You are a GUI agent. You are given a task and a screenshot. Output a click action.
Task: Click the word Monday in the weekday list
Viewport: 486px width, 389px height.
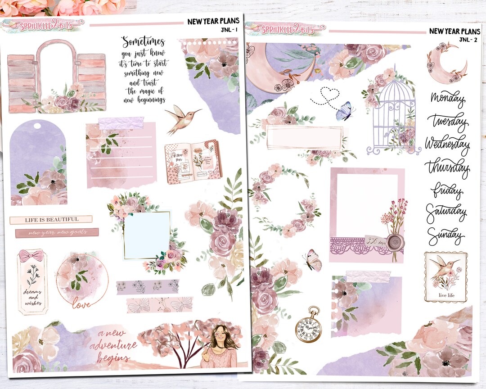(447, 99)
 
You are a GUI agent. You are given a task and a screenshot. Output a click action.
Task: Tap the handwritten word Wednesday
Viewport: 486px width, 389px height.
(447, 144)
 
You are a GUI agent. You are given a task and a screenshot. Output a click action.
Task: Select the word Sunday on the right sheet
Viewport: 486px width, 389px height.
(445, 235)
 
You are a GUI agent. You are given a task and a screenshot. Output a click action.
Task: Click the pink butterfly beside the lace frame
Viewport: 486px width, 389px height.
(313, 260)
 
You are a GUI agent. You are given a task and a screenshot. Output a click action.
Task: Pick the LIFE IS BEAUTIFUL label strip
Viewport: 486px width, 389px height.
(51, 219)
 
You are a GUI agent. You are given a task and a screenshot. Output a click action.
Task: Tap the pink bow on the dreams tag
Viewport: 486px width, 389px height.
(31, 256)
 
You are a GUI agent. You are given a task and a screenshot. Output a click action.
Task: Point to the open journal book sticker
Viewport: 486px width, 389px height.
(193, 161)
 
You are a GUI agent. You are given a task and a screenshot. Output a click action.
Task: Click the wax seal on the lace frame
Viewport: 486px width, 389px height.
(395, 242)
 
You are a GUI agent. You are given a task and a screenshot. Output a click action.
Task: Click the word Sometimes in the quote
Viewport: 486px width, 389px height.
(143, 42)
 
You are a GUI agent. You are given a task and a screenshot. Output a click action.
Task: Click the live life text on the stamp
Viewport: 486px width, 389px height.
(445, 296)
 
